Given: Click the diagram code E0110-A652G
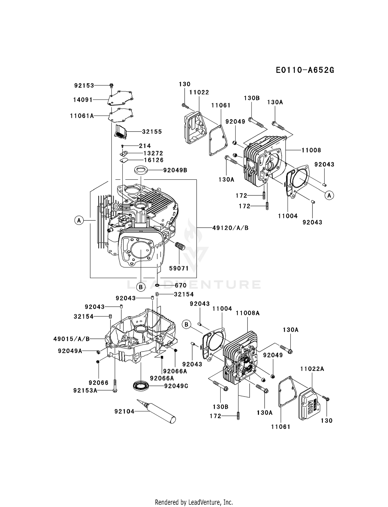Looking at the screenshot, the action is point(305,70).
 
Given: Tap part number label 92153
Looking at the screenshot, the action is point(84,86).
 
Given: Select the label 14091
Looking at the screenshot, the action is point(83,100).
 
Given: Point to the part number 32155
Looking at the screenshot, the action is point(152,132).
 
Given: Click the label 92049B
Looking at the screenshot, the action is point(175,170).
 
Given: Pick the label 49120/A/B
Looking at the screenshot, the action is point(230,228).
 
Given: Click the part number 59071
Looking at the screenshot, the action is point(179,268).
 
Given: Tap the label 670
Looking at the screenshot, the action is point(181,286).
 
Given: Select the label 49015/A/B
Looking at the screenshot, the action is point(72,339).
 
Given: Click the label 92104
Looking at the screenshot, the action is point(124,411).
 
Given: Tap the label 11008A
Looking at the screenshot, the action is point(248,313).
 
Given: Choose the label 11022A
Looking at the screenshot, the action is point(312,369).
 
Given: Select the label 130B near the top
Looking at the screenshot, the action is point(252,98).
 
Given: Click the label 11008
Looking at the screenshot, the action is point(311,150).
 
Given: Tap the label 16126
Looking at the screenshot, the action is point(154,160).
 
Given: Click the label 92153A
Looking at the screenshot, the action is point(85,390).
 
